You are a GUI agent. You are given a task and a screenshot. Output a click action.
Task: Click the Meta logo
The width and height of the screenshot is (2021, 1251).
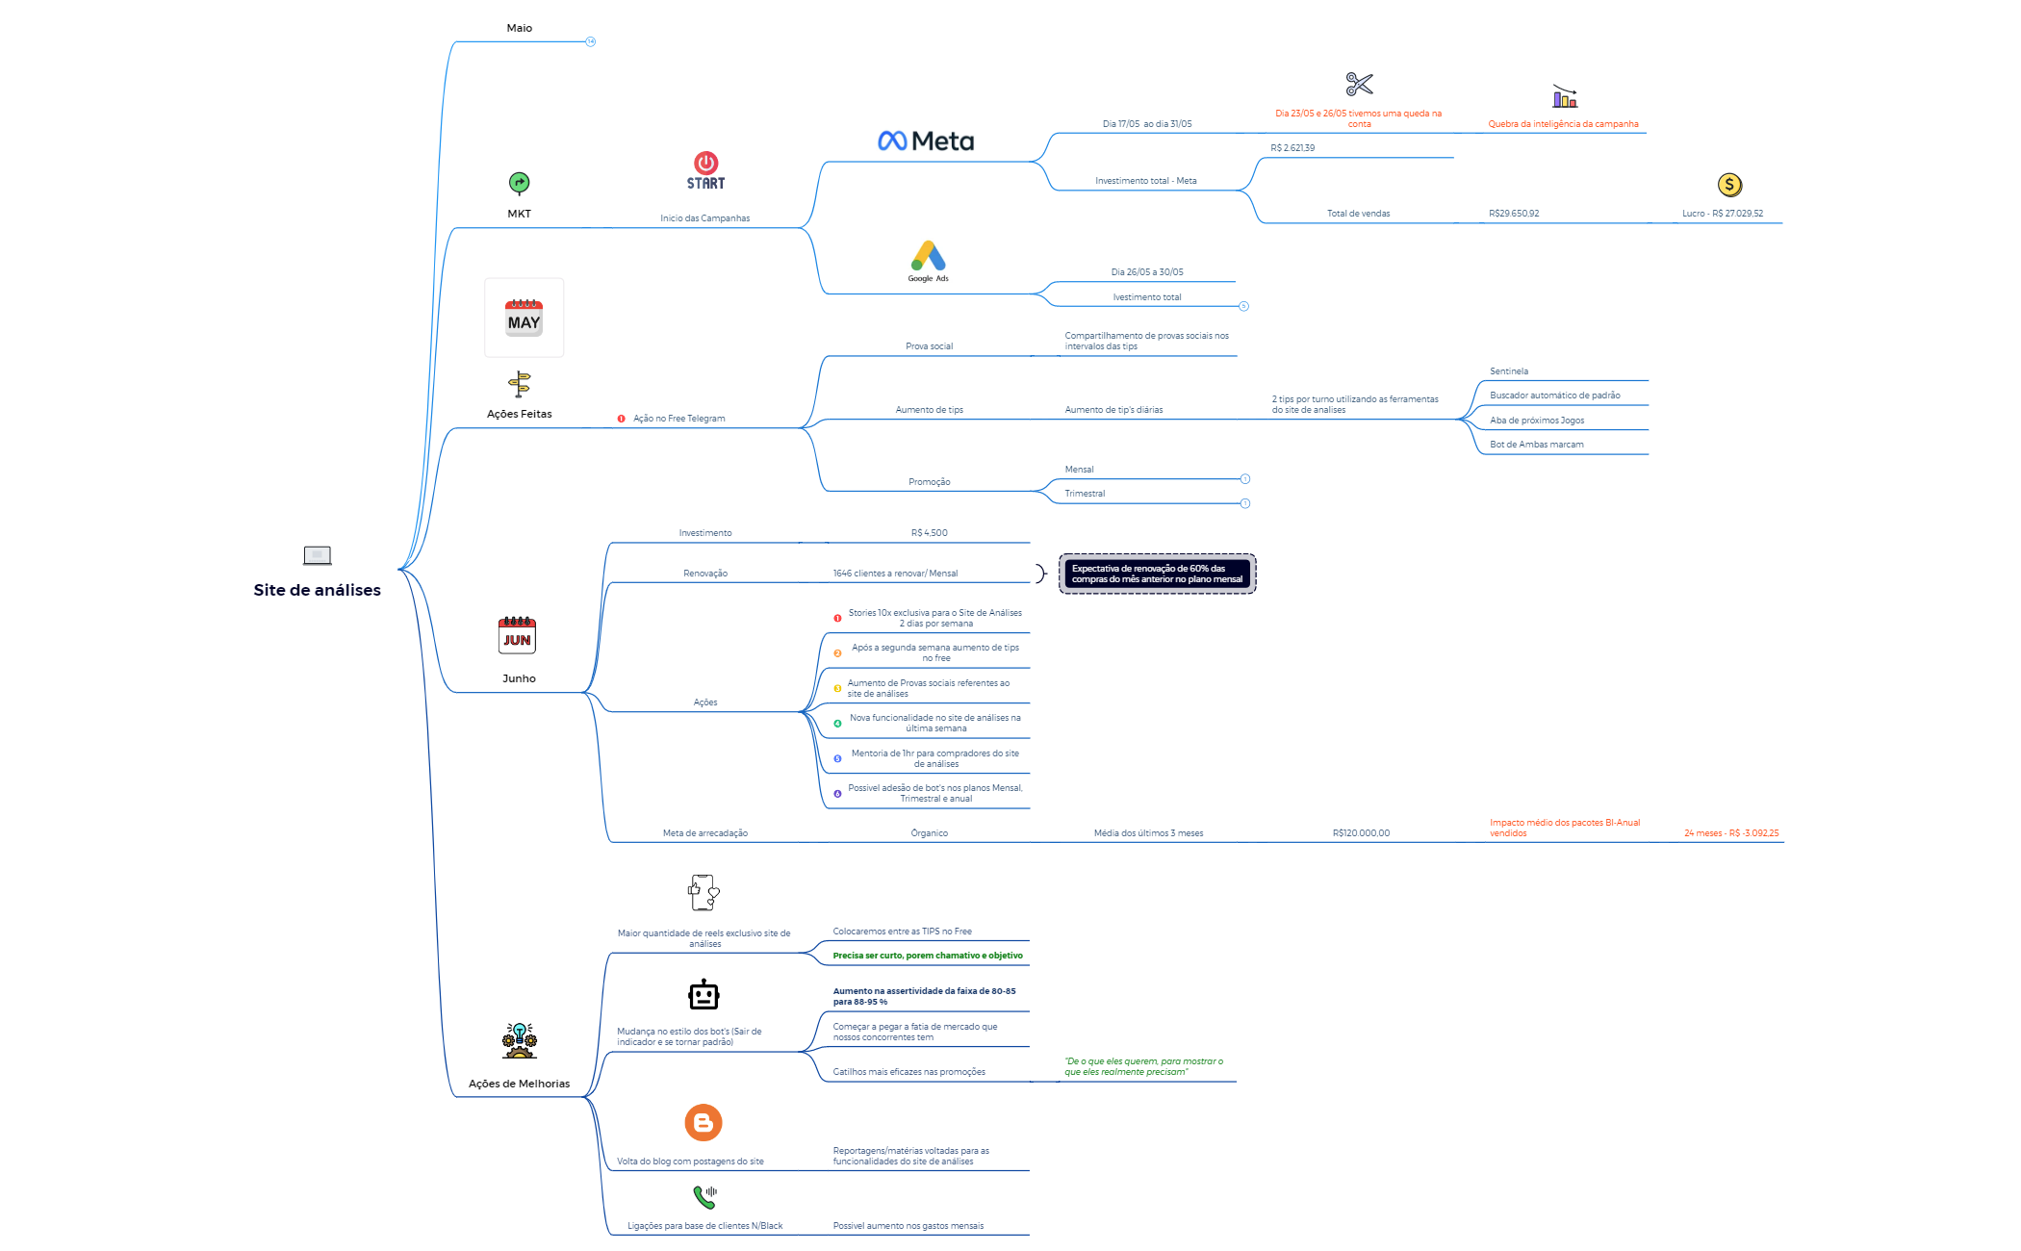926,141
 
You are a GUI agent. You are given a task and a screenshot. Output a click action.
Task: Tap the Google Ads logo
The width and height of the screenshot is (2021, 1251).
929,257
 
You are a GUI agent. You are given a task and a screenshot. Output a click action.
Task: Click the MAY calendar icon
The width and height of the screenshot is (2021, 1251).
524,319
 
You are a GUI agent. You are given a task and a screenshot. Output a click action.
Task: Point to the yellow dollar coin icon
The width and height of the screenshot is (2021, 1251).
1729,185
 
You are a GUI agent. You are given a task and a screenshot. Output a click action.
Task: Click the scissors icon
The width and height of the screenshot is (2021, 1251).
1359,85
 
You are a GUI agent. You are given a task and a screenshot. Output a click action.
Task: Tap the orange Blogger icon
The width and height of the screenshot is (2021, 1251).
704,1123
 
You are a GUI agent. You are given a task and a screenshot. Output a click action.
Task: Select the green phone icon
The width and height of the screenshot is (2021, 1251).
704,1197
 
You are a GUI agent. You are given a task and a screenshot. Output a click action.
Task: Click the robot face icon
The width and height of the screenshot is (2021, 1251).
704,995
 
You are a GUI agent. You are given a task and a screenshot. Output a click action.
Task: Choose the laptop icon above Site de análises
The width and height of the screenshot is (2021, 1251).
317,555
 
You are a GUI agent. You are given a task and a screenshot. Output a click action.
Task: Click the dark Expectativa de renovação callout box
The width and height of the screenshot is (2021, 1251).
1157,574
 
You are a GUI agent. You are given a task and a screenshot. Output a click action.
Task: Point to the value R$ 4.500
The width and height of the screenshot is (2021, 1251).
929,533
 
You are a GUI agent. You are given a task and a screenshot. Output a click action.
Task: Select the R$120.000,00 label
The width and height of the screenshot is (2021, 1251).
1361,833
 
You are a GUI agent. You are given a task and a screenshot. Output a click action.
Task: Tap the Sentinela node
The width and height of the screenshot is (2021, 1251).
1508,371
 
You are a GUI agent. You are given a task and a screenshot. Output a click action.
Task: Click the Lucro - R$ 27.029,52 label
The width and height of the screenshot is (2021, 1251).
1722,214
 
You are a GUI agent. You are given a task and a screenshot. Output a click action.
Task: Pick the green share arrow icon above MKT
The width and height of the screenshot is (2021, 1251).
519,183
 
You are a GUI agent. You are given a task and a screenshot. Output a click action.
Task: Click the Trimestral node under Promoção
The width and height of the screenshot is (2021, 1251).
1085,494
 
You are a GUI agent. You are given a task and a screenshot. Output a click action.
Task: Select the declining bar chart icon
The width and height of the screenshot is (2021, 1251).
1564,96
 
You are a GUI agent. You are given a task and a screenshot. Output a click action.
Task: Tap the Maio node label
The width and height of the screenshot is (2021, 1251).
520,28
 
